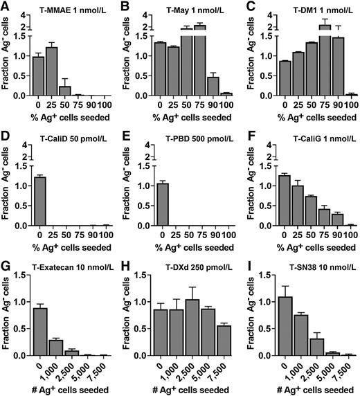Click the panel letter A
pyautogui.click(x=6, y=6)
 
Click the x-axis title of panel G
pyautogui.click(x=67, y=389)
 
